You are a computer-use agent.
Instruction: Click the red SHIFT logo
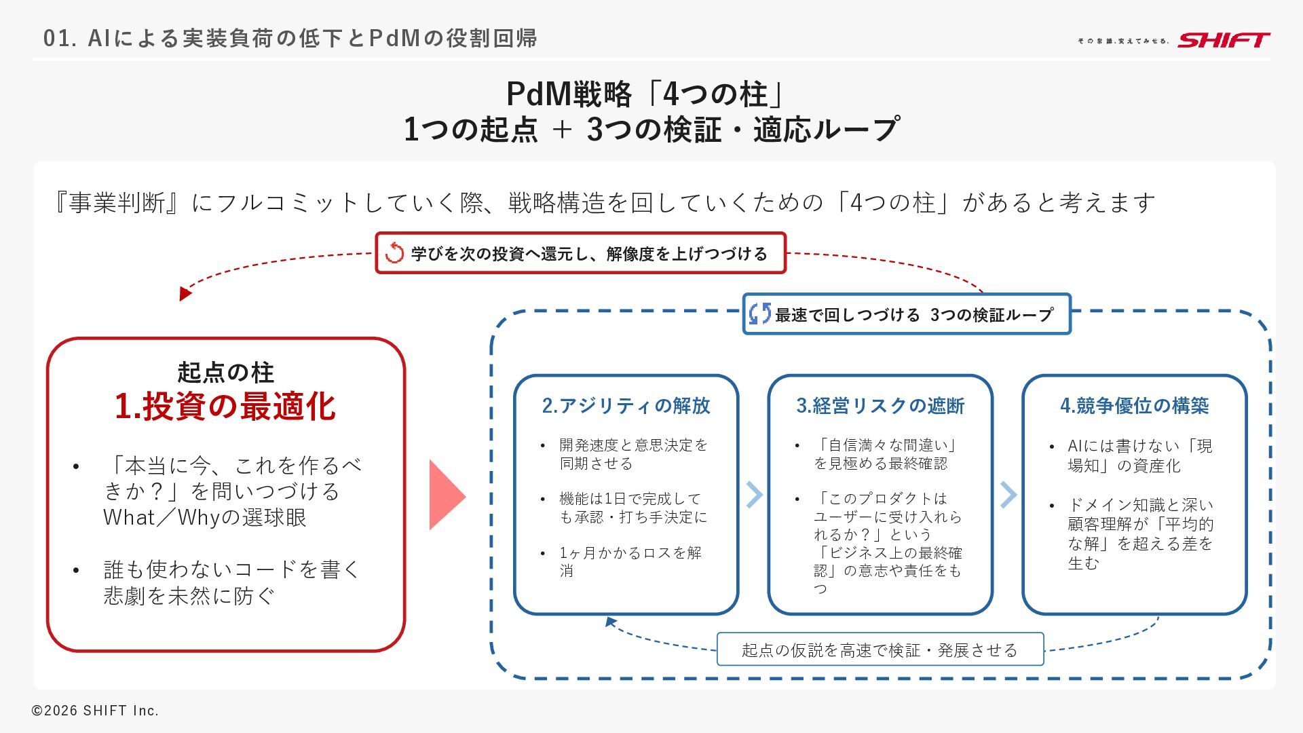[1223, 40]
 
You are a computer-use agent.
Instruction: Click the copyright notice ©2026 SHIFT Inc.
[95, 711]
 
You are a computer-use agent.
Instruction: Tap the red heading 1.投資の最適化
[225, 406]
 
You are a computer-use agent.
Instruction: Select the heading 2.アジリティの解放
[626, 406]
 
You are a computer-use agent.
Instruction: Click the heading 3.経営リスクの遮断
[880, 406]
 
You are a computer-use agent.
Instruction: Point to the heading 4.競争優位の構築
[1135, 406]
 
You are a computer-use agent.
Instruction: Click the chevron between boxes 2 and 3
[754, 495]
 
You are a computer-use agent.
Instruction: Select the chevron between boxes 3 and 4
[1008, 495]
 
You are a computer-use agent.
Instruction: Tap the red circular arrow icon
[394, 253]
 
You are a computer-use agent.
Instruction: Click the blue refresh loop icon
[759, 314]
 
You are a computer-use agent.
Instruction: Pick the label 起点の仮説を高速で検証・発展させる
[880, 650]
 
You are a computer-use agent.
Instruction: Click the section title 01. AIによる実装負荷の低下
[290, 38]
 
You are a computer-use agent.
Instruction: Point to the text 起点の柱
[225, 372]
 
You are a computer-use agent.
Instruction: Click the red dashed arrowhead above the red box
[185, 294]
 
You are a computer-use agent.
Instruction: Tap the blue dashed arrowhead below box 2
[610, 621]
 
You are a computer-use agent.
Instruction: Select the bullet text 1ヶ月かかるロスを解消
[630, 561]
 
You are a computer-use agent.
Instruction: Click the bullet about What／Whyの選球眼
[231, 491]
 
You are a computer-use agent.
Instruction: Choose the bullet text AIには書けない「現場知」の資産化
[1139, 455]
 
